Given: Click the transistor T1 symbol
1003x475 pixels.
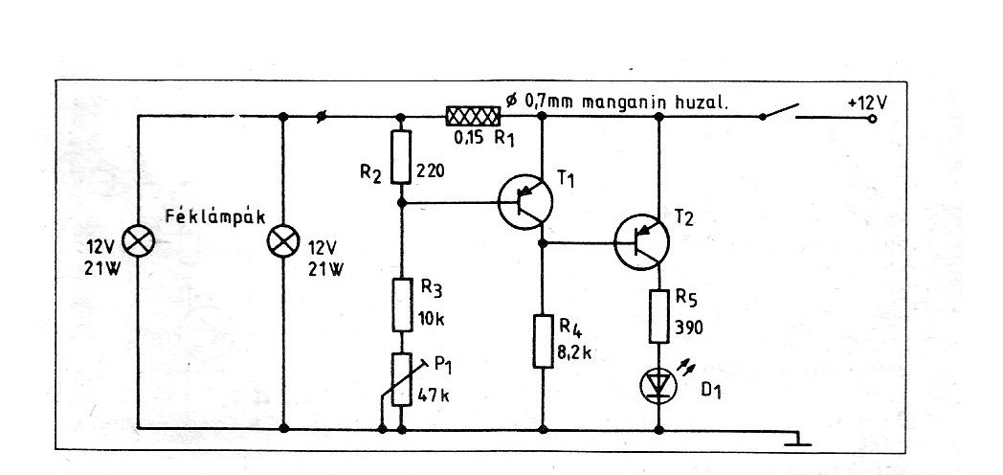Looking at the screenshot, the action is tap(524, 202).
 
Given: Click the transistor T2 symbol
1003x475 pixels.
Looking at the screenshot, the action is tap(641, 242).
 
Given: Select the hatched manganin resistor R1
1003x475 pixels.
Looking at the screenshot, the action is tap(473, 116).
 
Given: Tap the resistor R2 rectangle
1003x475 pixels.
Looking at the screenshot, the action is tap(401, 157).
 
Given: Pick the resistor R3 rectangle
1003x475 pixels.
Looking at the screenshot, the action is tap(402, 305).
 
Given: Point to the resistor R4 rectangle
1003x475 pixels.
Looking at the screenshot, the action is tap(543, 341).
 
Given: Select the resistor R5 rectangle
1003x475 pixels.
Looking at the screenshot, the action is tap(659, 316).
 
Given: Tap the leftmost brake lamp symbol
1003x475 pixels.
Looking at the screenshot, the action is tap(138, 241).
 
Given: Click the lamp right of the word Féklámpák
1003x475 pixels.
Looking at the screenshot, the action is tap(282, 241).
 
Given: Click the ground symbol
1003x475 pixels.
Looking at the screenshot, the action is tap(798, 440).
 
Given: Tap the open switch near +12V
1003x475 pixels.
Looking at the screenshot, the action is tap(782, 111).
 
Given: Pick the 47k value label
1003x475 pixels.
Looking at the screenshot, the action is tap(434, 395).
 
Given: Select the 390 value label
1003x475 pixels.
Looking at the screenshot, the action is tap(688, 328).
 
